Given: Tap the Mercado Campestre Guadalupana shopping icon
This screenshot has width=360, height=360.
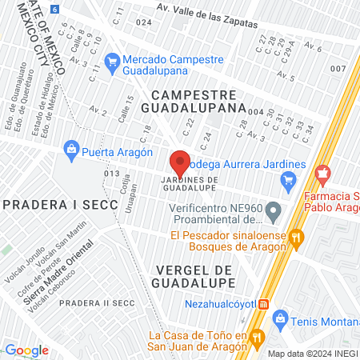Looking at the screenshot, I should pos(112,60).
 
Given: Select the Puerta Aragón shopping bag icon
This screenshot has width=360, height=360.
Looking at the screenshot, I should pos(72,148).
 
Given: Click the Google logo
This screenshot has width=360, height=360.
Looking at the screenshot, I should pos(27,350).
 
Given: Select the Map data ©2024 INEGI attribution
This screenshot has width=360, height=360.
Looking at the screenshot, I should pos(312,353).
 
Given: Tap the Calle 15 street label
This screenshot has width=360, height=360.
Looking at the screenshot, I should pos(126,109).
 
